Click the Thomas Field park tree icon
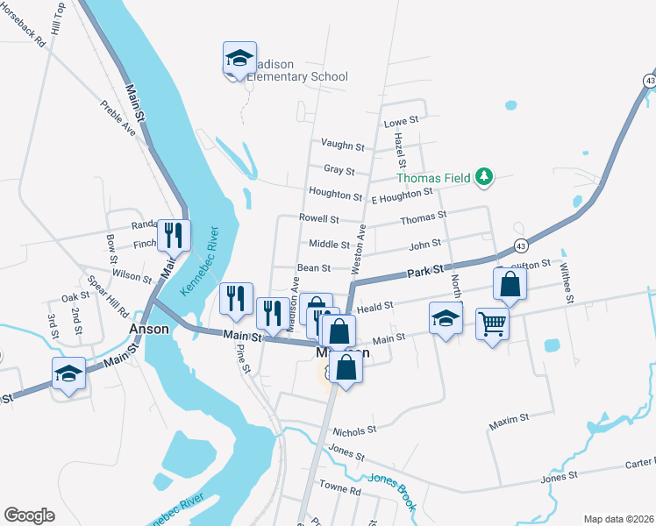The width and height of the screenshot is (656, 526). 483,178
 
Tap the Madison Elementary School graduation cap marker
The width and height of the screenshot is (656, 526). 239,59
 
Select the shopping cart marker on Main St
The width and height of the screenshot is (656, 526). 492,323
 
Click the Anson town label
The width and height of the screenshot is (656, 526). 148,330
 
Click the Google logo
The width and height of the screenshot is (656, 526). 29,515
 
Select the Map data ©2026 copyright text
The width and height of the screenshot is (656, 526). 618,518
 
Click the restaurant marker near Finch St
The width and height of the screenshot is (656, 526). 175,235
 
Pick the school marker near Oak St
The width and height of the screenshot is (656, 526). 68,373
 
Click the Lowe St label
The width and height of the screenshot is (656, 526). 403,121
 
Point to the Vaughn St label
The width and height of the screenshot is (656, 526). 342,146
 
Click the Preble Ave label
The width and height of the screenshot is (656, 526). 118,117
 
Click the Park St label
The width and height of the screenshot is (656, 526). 428,274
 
